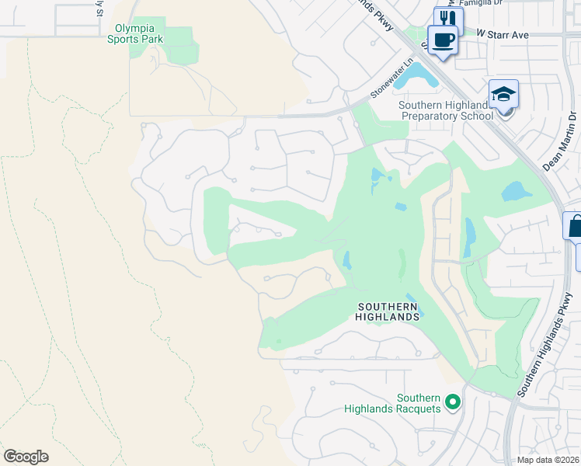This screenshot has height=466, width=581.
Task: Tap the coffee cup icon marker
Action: (x=444, y=40)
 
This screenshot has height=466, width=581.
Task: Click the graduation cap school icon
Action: (x=503, y=94)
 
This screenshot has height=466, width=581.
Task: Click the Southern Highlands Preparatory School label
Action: (x=446, y=111)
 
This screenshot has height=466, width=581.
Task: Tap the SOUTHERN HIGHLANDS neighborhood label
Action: (x=388, y=311)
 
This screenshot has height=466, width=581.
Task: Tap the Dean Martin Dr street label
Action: (x=561, y=141)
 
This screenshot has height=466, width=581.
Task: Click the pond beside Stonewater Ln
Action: (x=421, y=75)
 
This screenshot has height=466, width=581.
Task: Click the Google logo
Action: (x=26, y=457)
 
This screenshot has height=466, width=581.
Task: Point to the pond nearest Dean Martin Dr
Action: (x=513, y=191)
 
